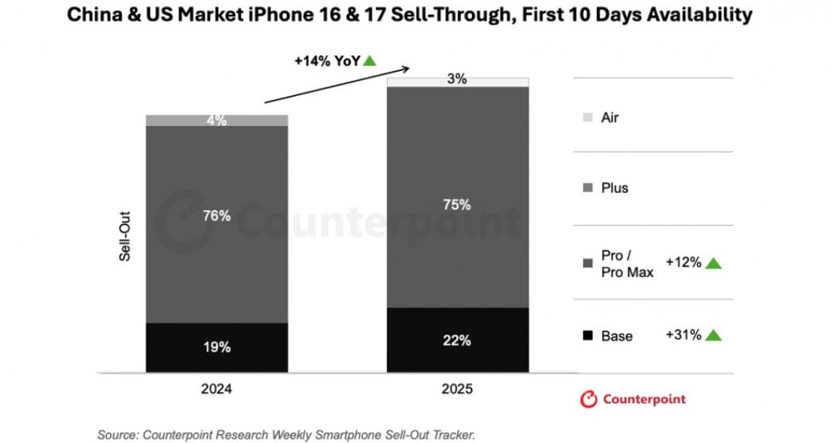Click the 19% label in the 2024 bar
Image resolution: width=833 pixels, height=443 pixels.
point(216,346)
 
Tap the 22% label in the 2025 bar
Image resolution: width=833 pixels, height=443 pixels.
point(457,340)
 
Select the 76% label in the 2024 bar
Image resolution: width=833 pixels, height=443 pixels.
point(216,216)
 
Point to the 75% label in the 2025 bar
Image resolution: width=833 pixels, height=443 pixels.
point(457,205)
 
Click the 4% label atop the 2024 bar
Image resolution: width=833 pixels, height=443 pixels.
point(216,121)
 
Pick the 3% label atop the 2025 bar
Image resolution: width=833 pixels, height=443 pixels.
point(457,80)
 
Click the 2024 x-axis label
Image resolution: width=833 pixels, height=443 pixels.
point(216,389)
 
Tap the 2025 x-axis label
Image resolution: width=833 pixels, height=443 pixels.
point(457,389)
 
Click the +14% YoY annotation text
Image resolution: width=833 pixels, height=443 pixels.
point(328,60)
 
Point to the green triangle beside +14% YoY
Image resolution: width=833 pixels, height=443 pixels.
point(370,60)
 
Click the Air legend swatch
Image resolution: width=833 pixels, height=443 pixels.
point(588,118)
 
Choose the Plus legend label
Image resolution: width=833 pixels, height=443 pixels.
point(615,188)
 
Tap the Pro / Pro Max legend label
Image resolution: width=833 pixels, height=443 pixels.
point(626,264)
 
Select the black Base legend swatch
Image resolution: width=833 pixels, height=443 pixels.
point(588,336)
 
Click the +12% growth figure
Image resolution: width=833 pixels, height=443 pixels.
point(683,263)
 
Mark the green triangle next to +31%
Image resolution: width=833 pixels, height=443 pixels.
point(713,335)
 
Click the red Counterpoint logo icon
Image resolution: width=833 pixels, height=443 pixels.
point(588,399)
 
